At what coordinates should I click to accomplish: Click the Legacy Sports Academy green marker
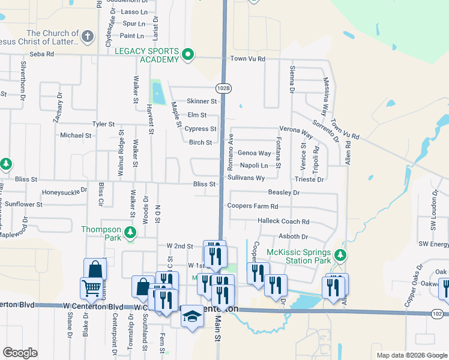coord(187,55)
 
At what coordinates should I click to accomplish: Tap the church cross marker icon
coord(88,36)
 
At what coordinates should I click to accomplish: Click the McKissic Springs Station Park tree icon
coord(340,255)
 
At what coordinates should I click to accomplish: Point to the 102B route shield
coord(223,88)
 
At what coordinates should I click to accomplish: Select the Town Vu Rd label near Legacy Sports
coord(247,59)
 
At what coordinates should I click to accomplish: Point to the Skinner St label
coord(201,101)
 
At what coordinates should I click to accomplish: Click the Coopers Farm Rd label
coord(253,206)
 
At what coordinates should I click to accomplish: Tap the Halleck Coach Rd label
coord(283,221)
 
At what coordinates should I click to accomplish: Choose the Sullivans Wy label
coord(246,178)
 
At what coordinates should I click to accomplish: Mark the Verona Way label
coord(297,130)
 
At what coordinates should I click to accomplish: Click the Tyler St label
coord(103,124)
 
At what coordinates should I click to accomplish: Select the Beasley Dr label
coord(283,193)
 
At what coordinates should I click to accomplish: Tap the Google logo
coord(20,353)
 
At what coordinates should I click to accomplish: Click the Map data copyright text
coord(411,355)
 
